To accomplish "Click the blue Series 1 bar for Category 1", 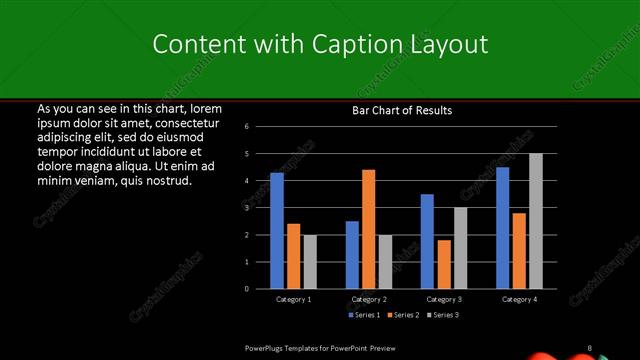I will click(x=277, y=230).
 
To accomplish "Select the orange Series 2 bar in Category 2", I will click(x=369, y=229).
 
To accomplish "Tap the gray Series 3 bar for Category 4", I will click(x=536, y=221).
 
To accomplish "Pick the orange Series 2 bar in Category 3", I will click(x=444, y=264).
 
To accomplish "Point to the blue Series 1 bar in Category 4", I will click(x=502, y=228).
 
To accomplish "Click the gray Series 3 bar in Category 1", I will click(x=310, y=261).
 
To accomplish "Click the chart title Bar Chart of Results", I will click(x=402, y=110).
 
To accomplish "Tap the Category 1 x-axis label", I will click(x=294, y=299).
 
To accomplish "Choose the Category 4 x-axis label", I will click(x=519, y=299).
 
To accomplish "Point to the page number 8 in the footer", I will click(x=589, y=347).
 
